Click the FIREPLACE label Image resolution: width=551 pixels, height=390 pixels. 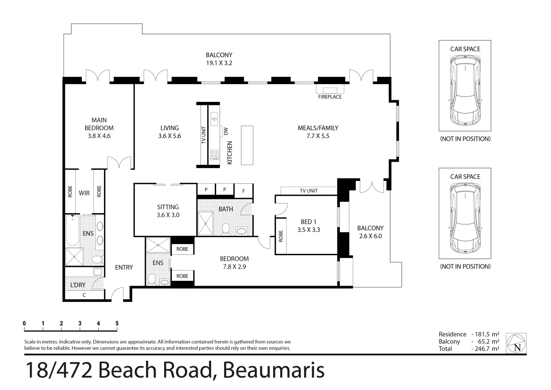(329, 97)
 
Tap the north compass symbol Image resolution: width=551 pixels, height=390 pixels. (516, 343)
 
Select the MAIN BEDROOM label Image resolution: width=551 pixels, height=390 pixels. (99, 124)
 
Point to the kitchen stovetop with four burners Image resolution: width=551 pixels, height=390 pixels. (214, 155)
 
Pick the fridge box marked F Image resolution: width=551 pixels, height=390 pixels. (244, 191)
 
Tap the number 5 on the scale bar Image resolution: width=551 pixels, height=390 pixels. (117, 324)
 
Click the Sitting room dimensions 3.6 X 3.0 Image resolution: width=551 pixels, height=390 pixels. (168, 215)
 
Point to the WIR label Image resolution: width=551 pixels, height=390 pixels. (84, 193)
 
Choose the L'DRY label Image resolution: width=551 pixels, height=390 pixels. (78, 285)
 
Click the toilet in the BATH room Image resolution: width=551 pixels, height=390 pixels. (226, 229)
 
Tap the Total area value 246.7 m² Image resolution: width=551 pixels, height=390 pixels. (485, 349)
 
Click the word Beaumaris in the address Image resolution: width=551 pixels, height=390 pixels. (273, 370)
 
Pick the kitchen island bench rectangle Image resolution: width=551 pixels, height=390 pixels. (247, 145)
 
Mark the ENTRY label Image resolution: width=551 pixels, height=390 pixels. (124, 267)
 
